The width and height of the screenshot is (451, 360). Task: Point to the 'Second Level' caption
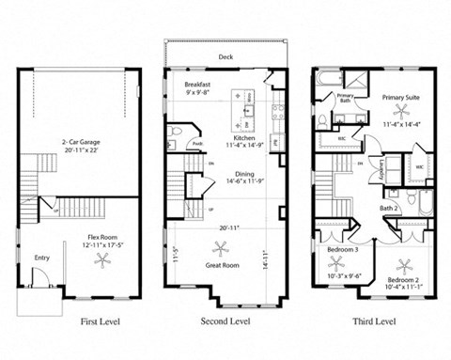click(225, 321)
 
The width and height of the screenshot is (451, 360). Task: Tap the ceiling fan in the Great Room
click(222, 248)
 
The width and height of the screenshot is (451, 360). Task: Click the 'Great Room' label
click(222, 266)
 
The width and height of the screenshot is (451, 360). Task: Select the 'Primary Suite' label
click(401, 97)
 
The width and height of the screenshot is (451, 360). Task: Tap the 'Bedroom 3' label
click(341, 250)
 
